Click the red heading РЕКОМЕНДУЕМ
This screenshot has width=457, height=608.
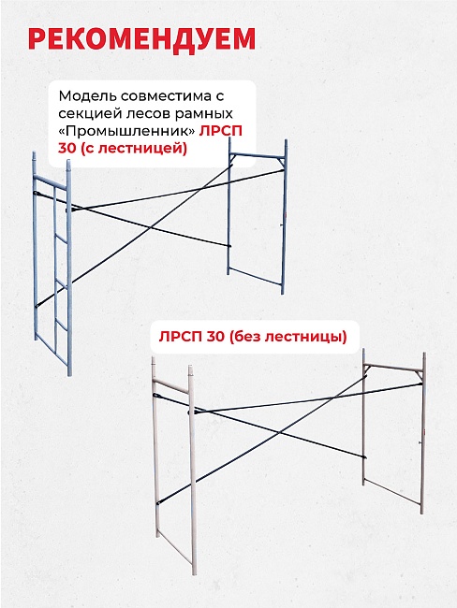tap(141, 40)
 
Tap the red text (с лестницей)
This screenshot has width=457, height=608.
tap(134, 149)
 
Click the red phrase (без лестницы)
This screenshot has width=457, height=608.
tap(287, 337)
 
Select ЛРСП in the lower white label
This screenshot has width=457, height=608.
tap(180, 337)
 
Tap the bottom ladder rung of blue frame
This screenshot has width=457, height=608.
tap(62, 324)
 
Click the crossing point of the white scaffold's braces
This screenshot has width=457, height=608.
tap(278, 432)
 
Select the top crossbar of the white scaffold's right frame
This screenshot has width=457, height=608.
tap(393, 368)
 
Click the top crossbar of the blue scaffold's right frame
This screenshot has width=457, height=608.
tap(258, 155)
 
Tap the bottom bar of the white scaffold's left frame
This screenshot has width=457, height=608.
tap(175, 548)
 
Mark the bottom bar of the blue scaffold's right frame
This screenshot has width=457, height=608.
tap(255, 276)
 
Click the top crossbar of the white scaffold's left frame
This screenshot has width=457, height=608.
tap(170, 385)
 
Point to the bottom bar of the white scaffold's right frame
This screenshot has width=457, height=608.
tap(392, 492)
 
